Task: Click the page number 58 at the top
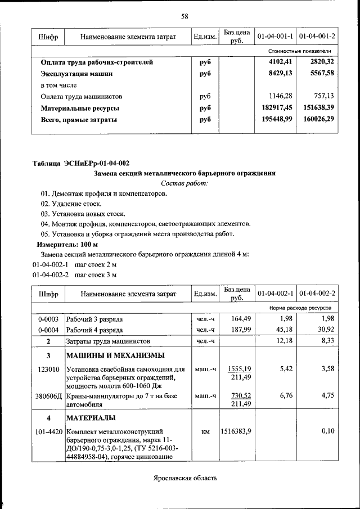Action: tap(184, 16)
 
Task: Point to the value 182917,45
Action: tap(277, 107)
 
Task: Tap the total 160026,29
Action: tap(318, 119)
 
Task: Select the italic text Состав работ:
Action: tap(184, 183)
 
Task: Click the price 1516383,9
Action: tap(236, 431)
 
